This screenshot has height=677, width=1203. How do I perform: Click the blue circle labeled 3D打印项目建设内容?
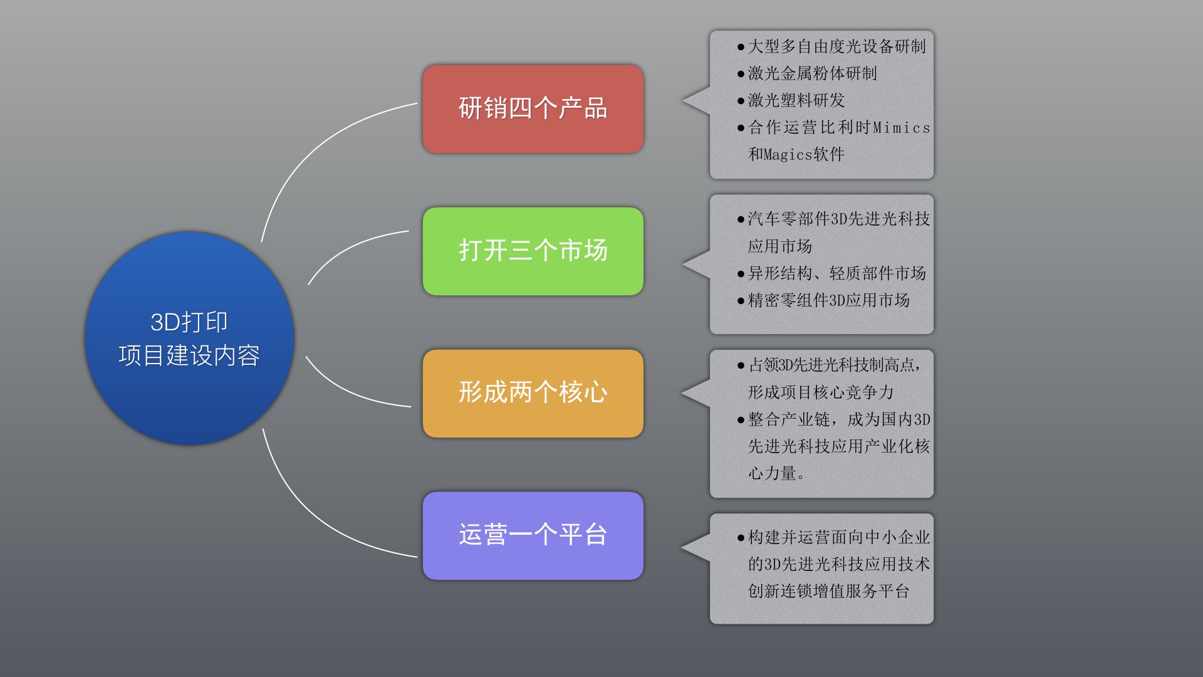coord(189,338)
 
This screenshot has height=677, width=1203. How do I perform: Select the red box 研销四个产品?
coord(533,108)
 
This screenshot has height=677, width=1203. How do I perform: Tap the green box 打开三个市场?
coord(533,251)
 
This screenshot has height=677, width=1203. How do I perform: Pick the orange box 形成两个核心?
coord(533,393)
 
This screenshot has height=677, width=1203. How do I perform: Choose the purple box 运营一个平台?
coord(533,535)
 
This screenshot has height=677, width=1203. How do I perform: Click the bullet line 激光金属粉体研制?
coord(807,73)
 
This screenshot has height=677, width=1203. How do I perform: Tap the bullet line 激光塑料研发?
coord(791,100)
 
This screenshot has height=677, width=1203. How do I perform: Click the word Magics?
coord(788,154)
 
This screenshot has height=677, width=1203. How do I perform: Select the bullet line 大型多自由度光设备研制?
coord(831,46)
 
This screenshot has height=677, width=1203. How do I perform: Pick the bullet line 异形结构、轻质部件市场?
coord(831,273)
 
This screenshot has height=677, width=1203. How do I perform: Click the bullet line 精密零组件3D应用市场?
coord(823,300)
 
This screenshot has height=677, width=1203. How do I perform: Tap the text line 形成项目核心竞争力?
coord(821,392)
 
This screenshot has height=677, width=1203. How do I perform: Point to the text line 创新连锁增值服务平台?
coord(828,591)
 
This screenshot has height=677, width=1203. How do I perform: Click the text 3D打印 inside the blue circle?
coord(189,322)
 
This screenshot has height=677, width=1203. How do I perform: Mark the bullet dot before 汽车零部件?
coord(741,219)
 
